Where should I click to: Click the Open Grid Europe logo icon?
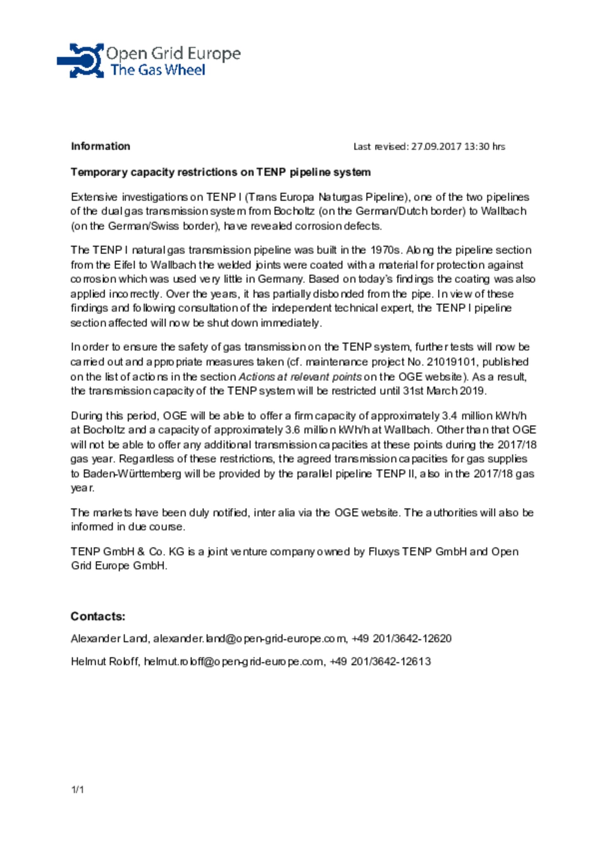(81, 60)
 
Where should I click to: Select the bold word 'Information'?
(100, 146)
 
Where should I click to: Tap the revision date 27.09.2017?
(436, 146)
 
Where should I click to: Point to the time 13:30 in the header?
(477, 146)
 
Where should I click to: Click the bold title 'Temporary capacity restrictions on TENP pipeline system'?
(220, 172)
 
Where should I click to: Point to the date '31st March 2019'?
(444, 391)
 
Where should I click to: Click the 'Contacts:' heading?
(98, 616)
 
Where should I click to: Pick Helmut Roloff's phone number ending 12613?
(380, 661)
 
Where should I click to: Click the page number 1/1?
(78, 789)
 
